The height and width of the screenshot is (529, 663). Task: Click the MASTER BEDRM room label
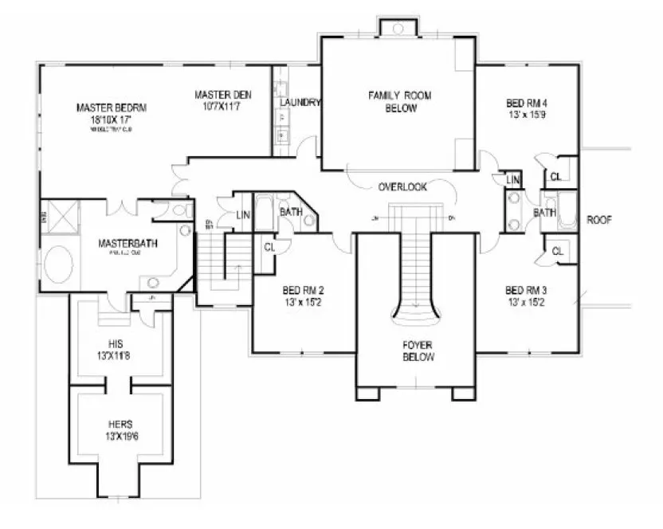click(x=112, y=107)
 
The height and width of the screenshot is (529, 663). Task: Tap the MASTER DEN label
click(x=223, y=96)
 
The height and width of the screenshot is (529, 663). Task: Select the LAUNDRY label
click(x=300, y=103)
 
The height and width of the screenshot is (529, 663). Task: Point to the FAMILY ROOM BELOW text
click(x=399, y=102)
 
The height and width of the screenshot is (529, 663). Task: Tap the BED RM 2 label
click(x=303, y=291)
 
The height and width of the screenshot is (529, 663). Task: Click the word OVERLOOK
click(x=402, y=187)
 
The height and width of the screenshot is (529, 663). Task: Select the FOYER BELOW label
click(x=418, y=352)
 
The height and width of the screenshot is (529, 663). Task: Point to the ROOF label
click(x=599, y=220)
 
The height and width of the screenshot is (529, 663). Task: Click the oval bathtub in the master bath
click(x=57, y=264)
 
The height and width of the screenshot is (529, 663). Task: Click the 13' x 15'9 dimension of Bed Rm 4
click(x=527, y=115)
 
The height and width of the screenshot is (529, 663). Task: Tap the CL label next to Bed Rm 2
click(x=269, y=246)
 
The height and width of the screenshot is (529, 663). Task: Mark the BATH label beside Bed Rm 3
click(x=544, y=213)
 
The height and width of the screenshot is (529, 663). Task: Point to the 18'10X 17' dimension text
click(x=112, y=119)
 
